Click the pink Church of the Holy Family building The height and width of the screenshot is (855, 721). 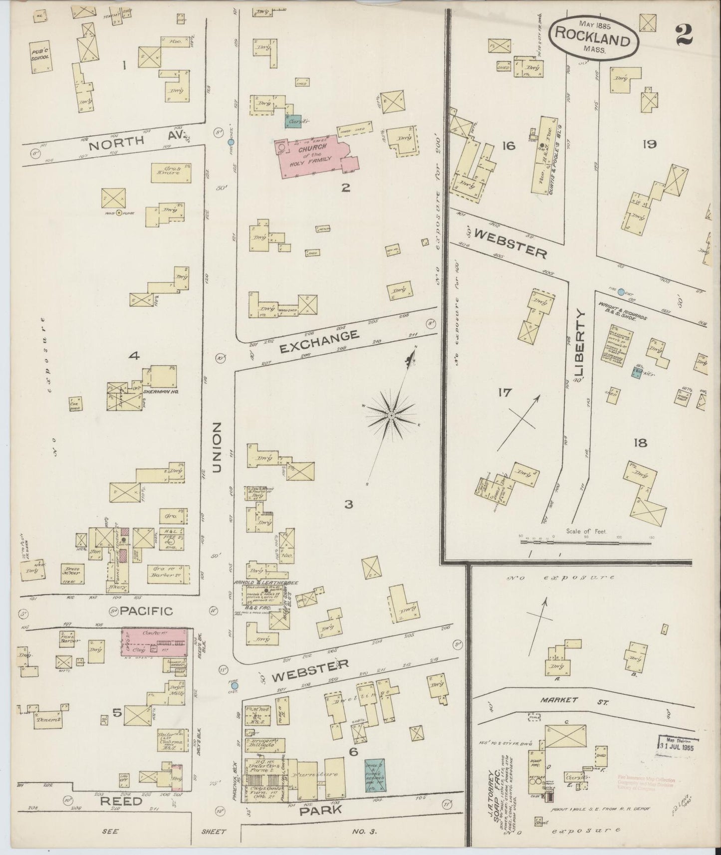[314, 155]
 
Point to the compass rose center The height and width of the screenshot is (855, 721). [392, 415]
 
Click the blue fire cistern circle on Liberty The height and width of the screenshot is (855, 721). [621, 292]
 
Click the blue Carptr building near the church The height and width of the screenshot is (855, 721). [291, 120]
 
